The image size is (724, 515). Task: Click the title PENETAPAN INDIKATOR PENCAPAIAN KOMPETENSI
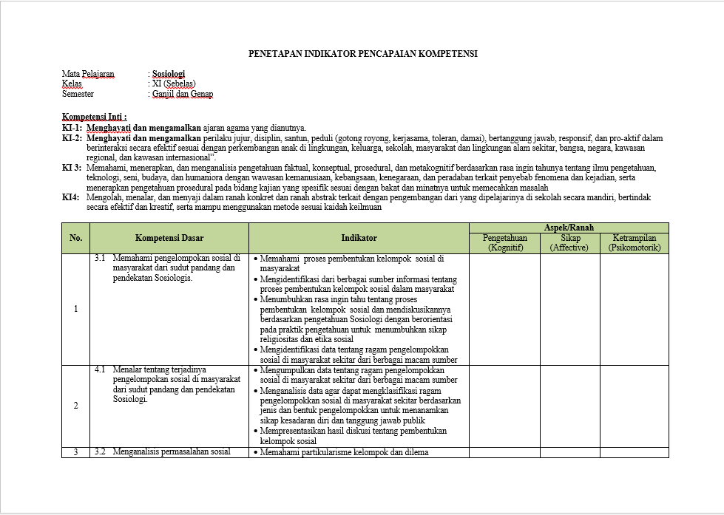(x=362, y=54)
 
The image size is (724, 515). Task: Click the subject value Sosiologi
(x=169, y=74)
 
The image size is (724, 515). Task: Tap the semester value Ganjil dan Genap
(x=182, y=95)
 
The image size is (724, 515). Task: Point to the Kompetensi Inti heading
(x=94, y=117)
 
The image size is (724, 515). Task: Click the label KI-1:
(x=72, y=128)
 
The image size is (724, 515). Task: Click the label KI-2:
(x=72, y=138)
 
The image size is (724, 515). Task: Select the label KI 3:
(x=72, y=168)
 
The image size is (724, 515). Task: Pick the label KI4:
(x=70, y=197)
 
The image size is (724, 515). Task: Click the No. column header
(x=76, y=238)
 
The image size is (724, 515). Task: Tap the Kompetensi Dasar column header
(x=169, y=238)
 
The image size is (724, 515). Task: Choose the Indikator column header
(x=359, y=238)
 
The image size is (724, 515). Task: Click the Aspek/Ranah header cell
(x=569, y=228)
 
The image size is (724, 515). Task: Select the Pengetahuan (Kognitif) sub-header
(x=505, y=243)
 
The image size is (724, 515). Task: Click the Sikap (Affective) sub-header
(x=569, y=243)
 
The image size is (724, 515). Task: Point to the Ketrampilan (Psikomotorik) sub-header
(x=634, y=243)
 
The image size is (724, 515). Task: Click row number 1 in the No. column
(x=76, y=309)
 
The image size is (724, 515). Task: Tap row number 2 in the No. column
(x=76, y=406)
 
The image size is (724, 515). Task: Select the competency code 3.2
(x=100, y=452)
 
